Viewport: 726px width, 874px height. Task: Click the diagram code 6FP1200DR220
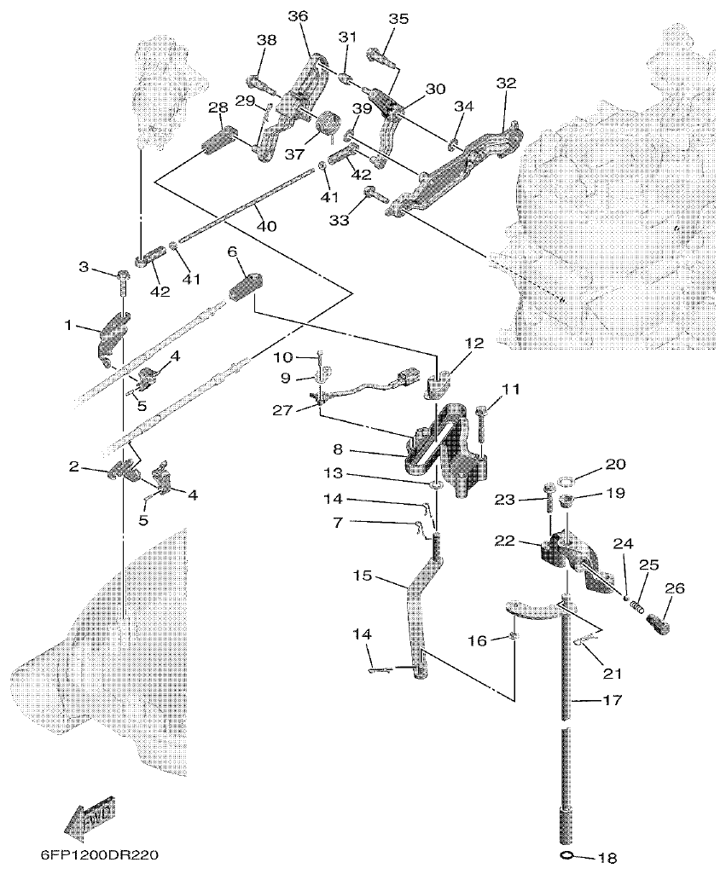[98, 854]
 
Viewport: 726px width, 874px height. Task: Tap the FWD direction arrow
[90, 814]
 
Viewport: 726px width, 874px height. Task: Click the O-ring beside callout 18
[566, 854]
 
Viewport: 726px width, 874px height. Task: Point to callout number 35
[398, 19]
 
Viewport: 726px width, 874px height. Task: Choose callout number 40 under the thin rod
[266, 227]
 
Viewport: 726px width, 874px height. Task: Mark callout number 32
[506, 84]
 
